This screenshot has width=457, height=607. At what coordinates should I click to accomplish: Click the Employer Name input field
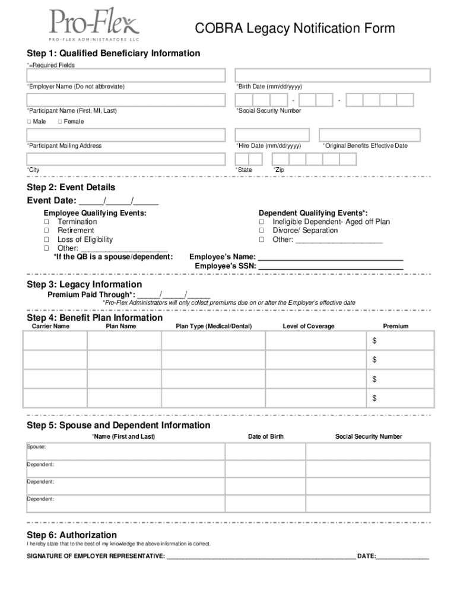[x=126, y=75]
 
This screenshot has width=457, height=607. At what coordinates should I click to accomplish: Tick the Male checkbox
[x=29, y=122]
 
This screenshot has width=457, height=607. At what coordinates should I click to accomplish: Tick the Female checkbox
[x=60, y=122]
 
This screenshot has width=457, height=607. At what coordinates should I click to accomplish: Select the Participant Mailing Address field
[x=126, y=135]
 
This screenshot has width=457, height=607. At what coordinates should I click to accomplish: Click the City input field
[x=126, y=159]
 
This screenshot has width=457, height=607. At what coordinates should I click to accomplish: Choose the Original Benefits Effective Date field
[x=374, y=135]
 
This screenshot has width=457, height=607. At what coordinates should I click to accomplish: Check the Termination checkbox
[x=46, y=222]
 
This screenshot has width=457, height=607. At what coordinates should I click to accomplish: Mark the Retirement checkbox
[x=46, y=231]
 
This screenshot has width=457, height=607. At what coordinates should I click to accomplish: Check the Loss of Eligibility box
[x=46, y=239]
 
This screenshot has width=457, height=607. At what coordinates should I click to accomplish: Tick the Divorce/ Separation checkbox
[x=262, y=231]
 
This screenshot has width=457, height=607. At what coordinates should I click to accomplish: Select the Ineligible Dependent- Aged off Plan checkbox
[x=262, y=222]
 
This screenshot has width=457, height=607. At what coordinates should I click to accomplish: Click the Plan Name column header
[x=121, y=326]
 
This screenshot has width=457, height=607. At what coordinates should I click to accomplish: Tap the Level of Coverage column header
[x=308, y=326]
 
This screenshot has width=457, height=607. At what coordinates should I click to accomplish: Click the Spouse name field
[x=126, y=452]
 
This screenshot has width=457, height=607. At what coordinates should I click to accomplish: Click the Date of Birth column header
[x=265, y=437]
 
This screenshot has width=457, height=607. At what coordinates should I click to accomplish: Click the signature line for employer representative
[x=261, y=555]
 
